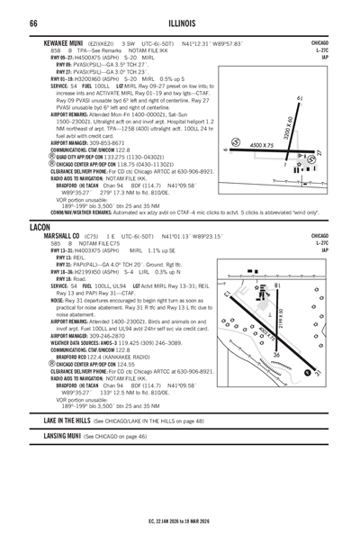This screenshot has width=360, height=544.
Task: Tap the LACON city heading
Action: tap(41, 229)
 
